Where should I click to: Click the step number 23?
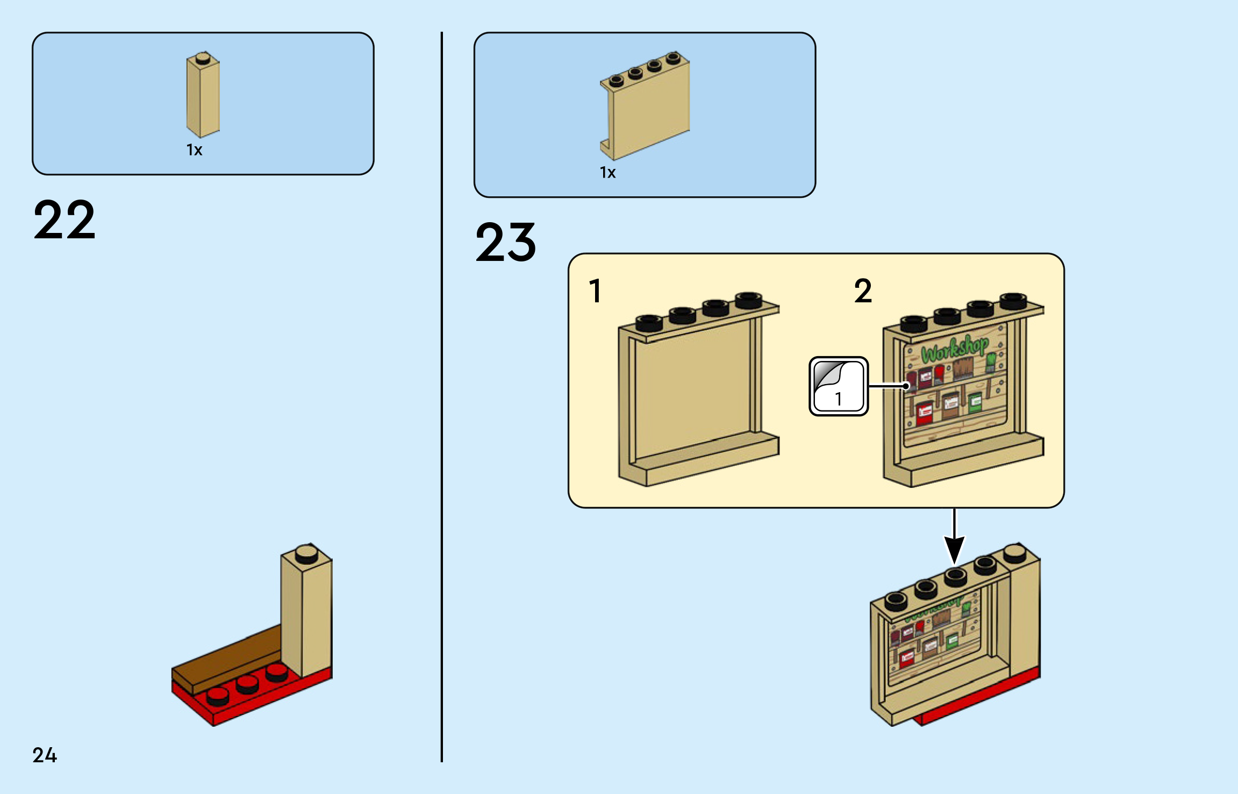pyautogui.click(x=505, y=243)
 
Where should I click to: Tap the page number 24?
pyautogui.click(x=45, y=755)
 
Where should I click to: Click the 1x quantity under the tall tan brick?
pyautogui.click(x=194, y=150)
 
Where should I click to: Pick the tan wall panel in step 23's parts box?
pyautogui.click(x=647, y=108)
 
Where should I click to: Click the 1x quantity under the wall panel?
pyautogui.click(x=607, y=173)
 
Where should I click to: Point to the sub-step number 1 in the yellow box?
pyautogui.click(x=595, y=291)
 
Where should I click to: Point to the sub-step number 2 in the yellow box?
pyautogui.click(x=863, y=291)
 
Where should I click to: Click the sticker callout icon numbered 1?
pyautogui.click(x=838, y=386)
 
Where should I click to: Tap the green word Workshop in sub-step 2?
pyautogui.click(x=955, y=348)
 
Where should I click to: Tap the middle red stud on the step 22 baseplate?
pyautogui.click(x=247, y=684)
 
